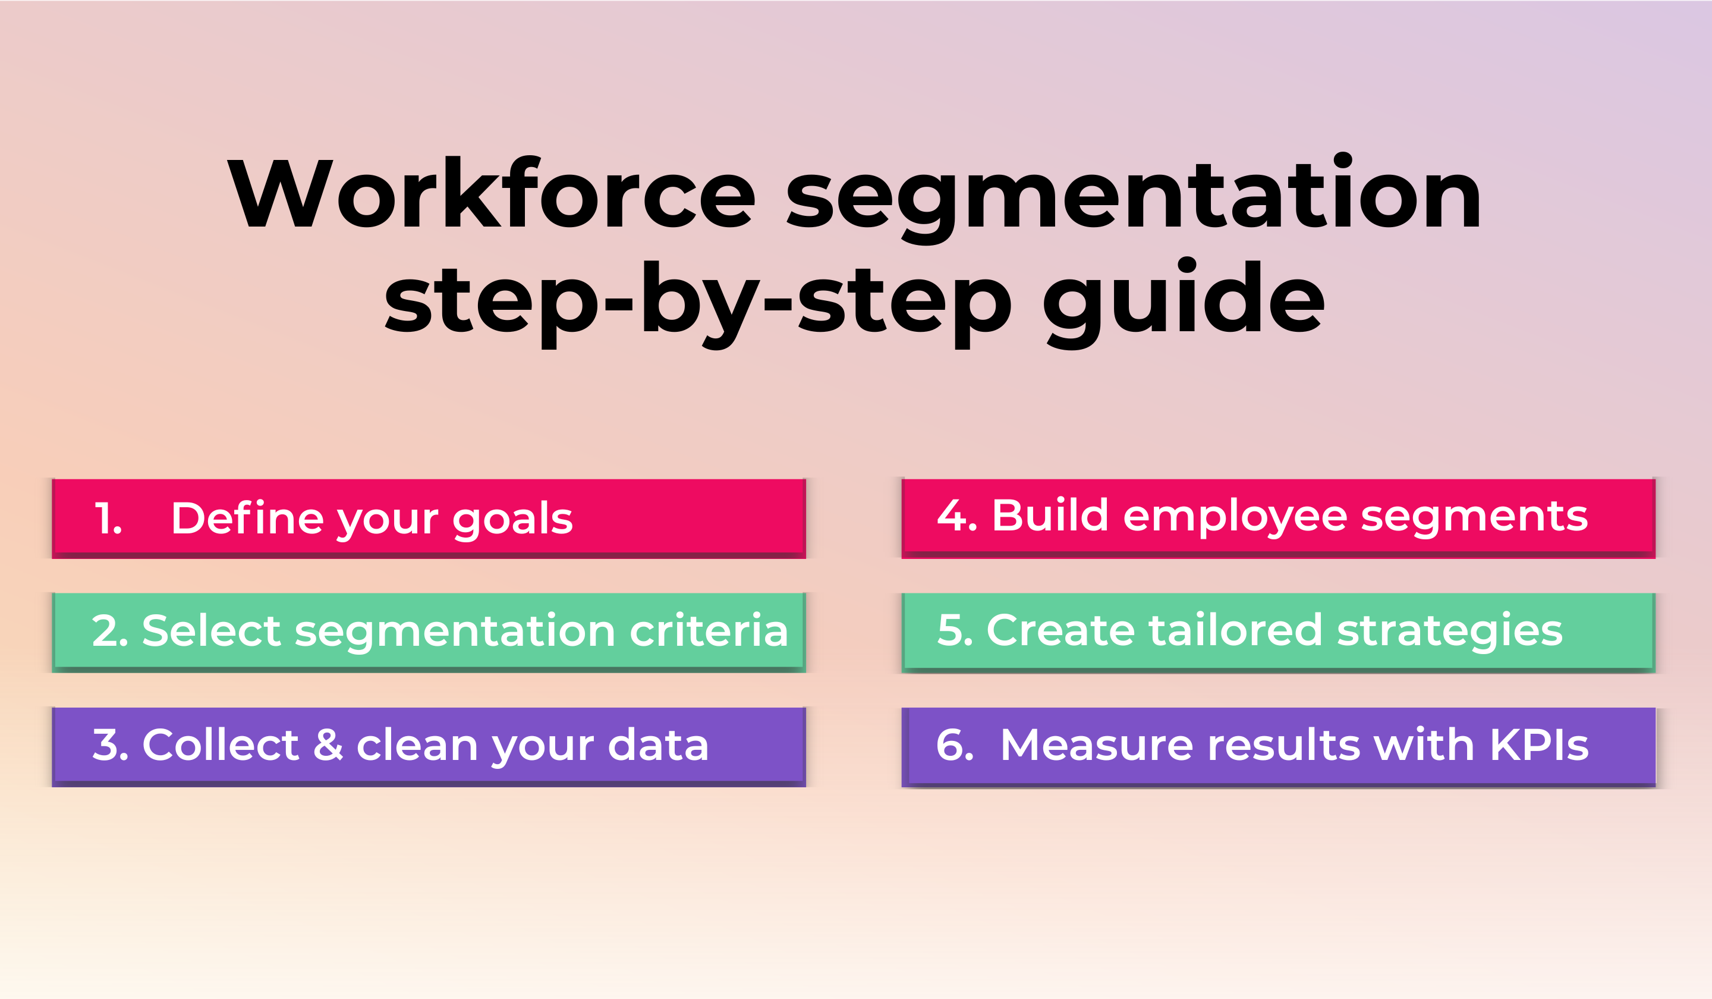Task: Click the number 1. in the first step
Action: pos(108,519)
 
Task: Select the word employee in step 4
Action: pos(1235,518)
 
